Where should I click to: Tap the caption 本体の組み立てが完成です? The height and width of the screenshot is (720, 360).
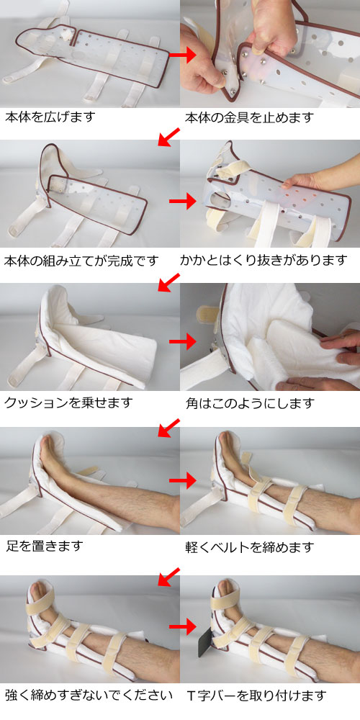coord(81,260)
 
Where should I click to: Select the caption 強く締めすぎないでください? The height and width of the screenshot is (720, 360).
coord(89,695)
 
